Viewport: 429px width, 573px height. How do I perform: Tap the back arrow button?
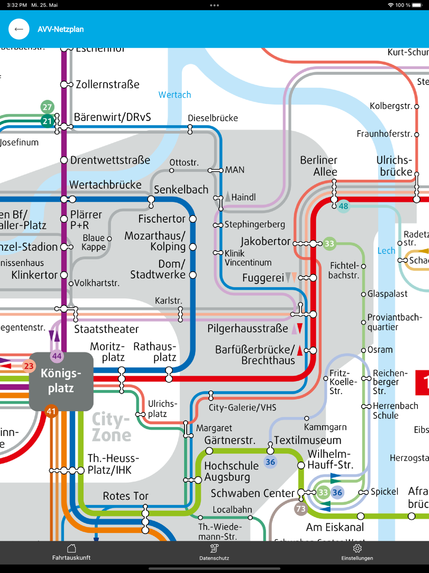(x=19, y=29)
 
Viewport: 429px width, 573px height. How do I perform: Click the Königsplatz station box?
(x=61, y=381)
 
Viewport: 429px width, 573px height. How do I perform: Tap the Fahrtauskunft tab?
(x=71, y=552)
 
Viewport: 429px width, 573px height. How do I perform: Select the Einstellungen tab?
(x=357, y=552)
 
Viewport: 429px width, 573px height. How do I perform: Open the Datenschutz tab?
(x=214, y=552)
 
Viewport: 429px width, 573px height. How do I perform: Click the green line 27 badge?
(x=47, y=107)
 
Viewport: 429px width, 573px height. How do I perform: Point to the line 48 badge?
(x=343, y=206)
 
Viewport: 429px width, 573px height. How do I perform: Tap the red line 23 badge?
(x=29, y=366)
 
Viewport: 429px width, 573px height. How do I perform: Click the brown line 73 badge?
(x=301, y=509)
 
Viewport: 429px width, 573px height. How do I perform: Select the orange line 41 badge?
(x=51, y=411)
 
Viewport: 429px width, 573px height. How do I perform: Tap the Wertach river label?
(x=175, y=95)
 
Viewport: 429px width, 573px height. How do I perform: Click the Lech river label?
(x=386, y=251)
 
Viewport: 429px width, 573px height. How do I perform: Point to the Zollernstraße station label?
(x=107, y=85)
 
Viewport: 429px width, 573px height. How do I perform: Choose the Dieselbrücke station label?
(x=213, y=118)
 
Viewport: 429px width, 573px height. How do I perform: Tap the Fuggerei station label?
(x=263, y=278)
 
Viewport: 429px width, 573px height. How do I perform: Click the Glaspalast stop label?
(x=387, y=294)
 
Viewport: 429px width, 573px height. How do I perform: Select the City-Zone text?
(x=112, y=427)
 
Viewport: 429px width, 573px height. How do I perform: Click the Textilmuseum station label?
(x=308, y=440)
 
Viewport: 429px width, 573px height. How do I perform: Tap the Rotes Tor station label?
(x=125, y=496)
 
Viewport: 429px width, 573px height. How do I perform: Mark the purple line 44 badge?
(x=57, y=356)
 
